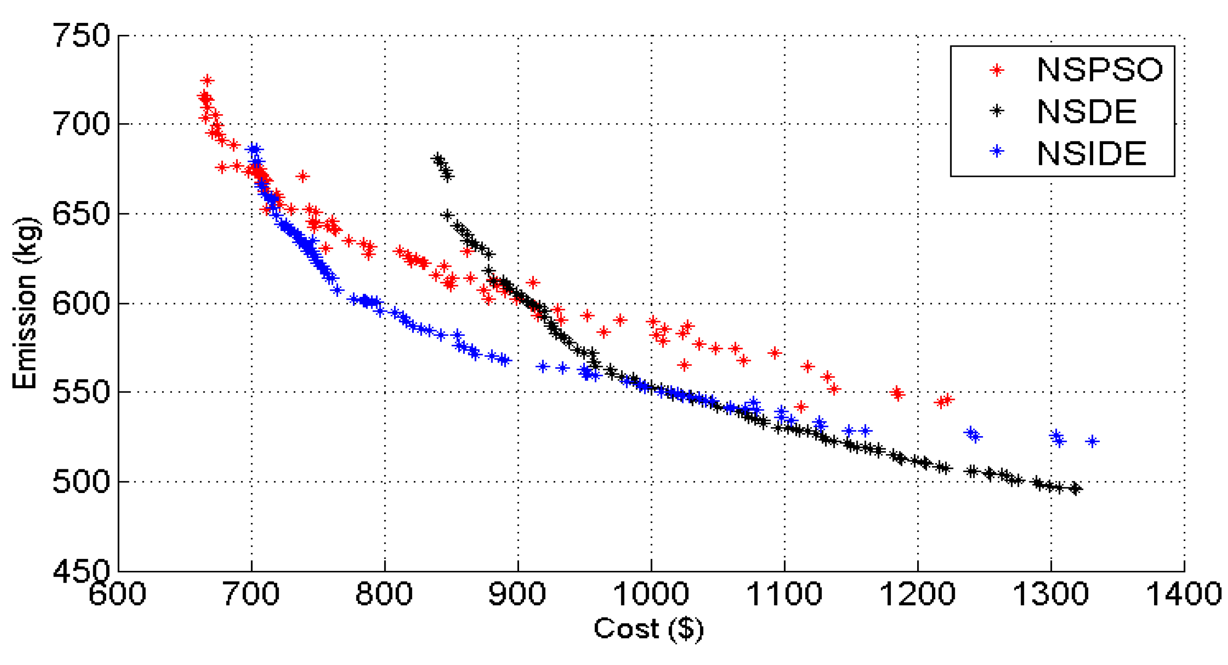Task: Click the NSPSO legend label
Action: pyautogui.click(x=1099, y=70)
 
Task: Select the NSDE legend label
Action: pyautogui.click(x=1086, y=112)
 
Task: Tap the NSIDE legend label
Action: pyautogui.click(x=1091, y=153)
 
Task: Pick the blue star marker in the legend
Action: pyautogui.click(x=996, y=152)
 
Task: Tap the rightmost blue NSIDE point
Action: pyautogui.click(x=1092, y=442)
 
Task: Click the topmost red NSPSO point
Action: pyautogui.click(x=207, y=81)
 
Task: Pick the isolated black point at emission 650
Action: pyautogui.click(x=447, y=215)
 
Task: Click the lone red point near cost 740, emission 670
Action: pyautogui.click(x=302, y=177)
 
